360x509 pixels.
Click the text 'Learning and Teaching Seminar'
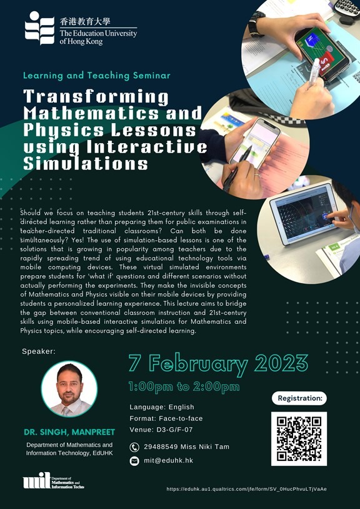96,76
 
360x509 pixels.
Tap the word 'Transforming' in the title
96,98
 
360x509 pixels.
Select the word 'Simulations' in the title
86,164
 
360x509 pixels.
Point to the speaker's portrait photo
69,389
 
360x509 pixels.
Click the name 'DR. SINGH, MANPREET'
69,433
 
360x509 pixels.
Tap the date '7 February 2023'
218,363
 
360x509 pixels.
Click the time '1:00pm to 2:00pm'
184,386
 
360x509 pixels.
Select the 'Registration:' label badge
299,398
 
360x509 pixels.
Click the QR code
299,438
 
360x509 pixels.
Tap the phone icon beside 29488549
134,447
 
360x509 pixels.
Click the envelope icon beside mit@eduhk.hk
134,461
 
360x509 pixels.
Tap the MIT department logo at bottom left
53,482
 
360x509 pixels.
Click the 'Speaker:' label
39,351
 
